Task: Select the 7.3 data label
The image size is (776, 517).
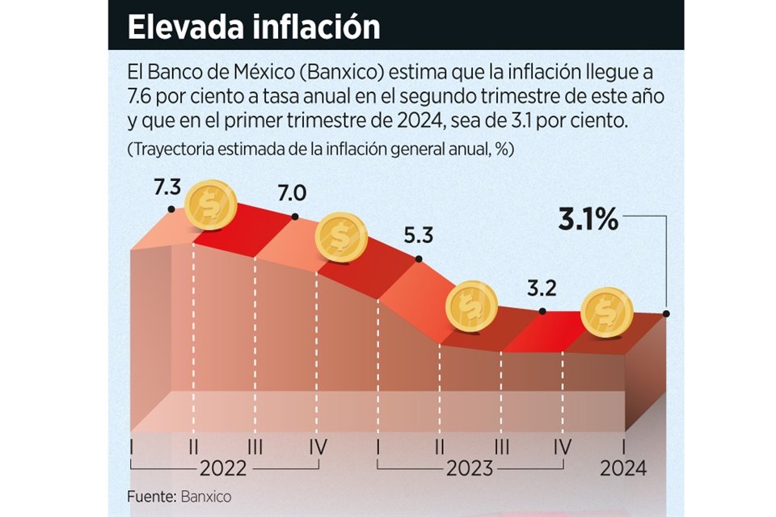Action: (x=166, y=188)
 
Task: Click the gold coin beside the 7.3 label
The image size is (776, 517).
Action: (x=211, y=205)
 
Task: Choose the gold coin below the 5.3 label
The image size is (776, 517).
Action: (x=472, y=305)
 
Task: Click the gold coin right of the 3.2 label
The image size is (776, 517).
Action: (x=607, y=312)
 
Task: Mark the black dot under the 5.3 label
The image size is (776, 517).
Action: (x=419, y=259)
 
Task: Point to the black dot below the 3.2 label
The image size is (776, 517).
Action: (x=542, y=311)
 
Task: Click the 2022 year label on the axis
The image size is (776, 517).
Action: (x=223, y=469)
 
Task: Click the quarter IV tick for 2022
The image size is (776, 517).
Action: (x=316, y=446)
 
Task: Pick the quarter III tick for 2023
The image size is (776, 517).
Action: (x=501, y=446)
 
